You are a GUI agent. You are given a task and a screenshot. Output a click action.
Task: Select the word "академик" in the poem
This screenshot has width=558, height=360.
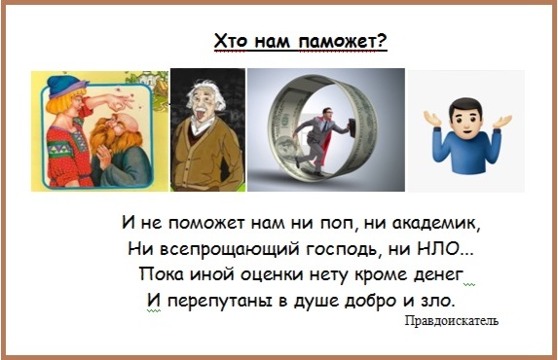click(x=435, y=224)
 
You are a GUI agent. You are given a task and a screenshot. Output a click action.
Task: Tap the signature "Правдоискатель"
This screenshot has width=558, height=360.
click(x=452, y=321)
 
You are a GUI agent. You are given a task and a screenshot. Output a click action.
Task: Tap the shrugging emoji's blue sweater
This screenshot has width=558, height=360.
click(x=466, y=151)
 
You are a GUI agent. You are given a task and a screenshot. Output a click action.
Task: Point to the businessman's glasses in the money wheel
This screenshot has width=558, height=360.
click(x=330, y=111)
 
